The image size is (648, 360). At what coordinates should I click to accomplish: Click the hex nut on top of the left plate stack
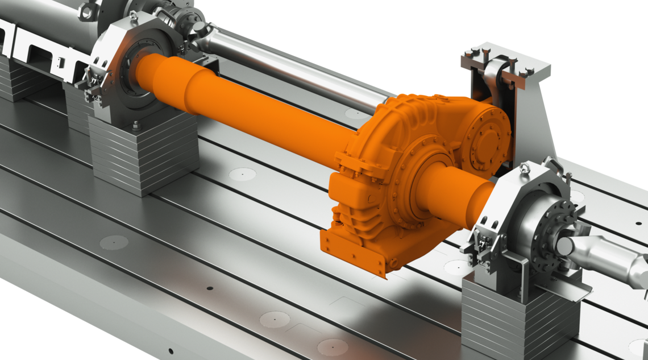(136, 125)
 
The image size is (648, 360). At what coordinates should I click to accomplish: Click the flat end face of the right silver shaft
(565, 246)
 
